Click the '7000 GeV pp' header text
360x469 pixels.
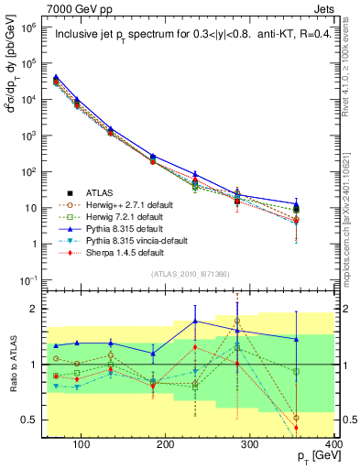[74, 8]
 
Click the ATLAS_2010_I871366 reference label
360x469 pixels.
[190, 274]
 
